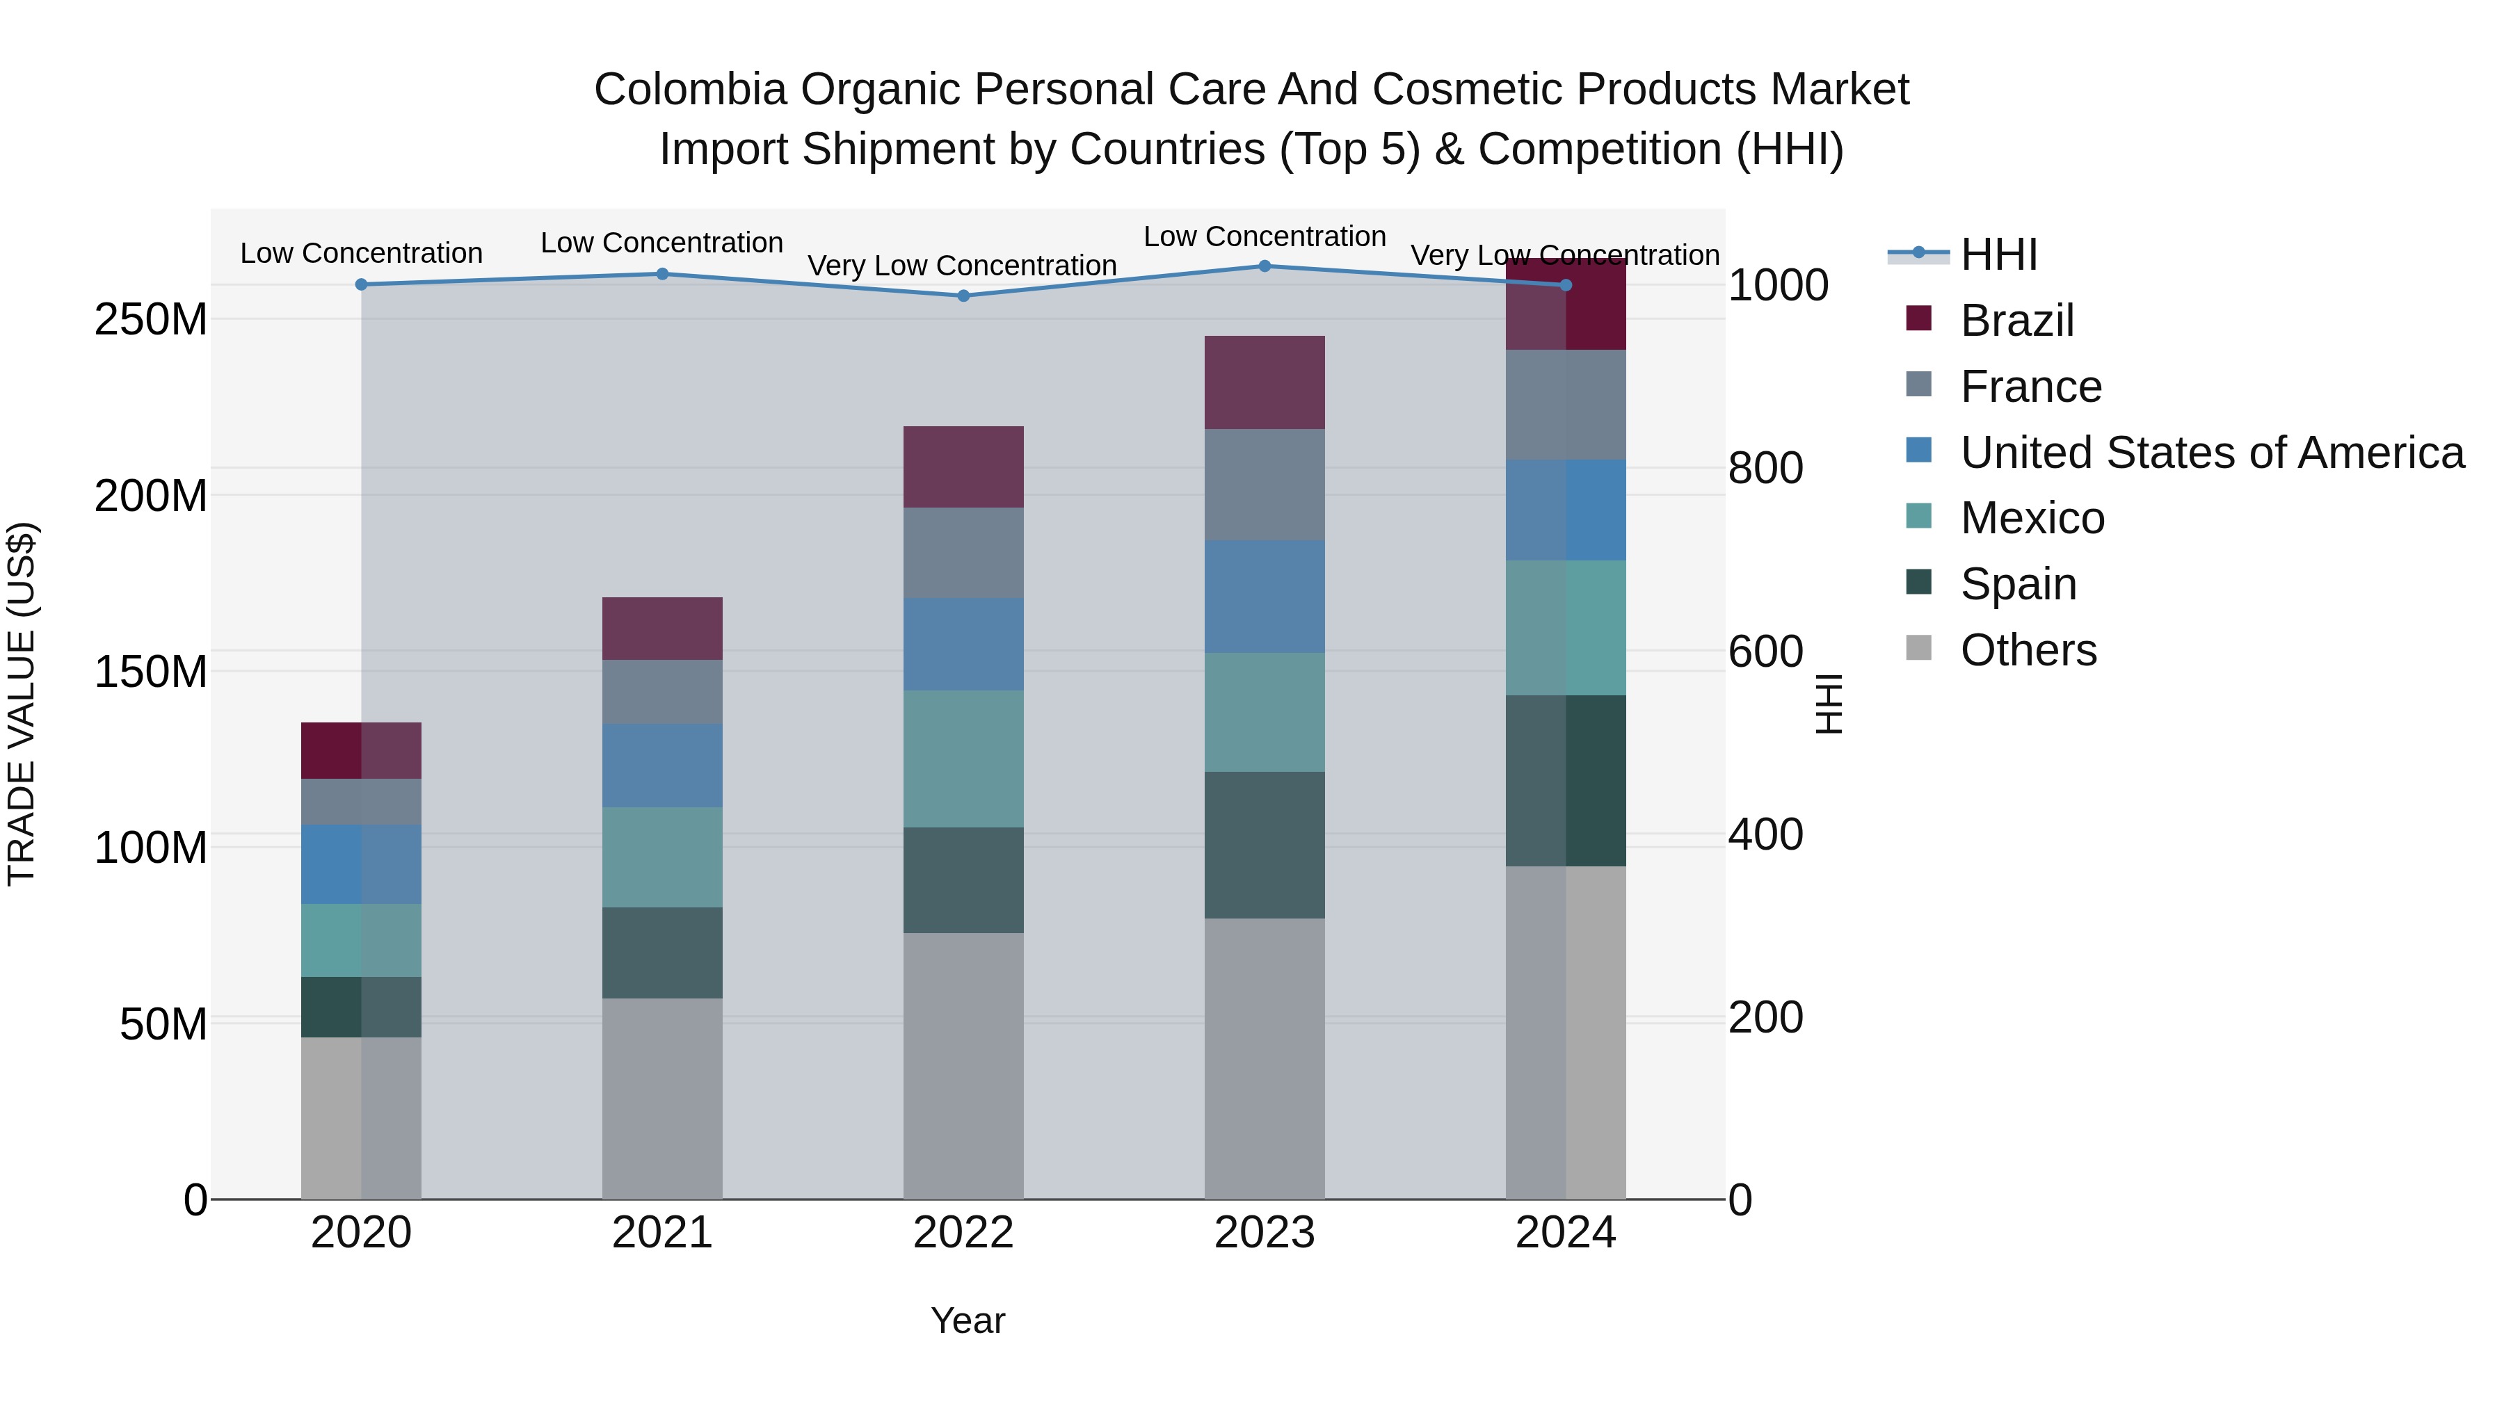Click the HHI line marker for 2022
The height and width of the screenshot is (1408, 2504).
pos(963,296)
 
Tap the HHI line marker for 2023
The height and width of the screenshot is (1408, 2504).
pos(1265,266)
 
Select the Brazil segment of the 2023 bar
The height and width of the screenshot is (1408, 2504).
pos(1265,383)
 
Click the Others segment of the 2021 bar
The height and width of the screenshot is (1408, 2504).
pos(662,1098)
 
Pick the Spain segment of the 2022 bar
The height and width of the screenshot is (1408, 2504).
pos(963,880)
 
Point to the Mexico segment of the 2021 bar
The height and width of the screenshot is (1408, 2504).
pos(662,857)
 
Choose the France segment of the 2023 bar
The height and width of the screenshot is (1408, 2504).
pos(1265,485)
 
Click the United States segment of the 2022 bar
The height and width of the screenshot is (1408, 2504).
pos(963,645)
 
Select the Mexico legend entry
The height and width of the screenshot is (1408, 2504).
pos(2032,518)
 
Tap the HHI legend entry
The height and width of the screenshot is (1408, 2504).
pos(1998,254)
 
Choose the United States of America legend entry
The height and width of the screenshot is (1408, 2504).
pos(2211,453)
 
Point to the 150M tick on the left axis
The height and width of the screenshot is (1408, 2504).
pos(151,672)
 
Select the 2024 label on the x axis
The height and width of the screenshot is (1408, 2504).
pos(1565,1233)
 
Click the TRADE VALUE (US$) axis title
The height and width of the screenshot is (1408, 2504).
pos(22,704)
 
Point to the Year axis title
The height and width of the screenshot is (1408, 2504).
pos(968,1320)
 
